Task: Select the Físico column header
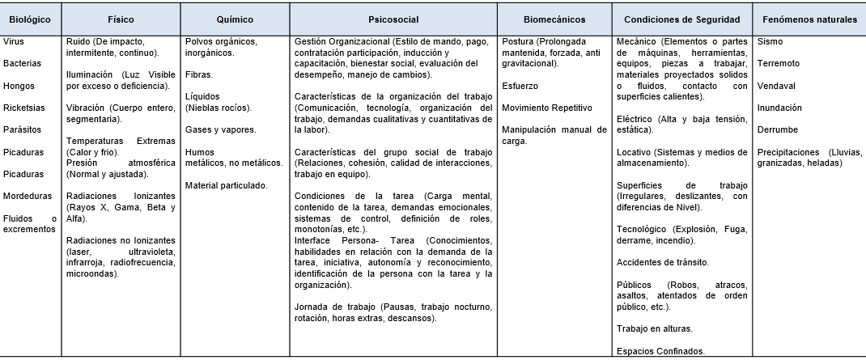[120, 19]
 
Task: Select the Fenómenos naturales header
[809, 19]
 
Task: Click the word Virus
[13, 40]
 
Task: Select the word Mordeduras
[27, 196]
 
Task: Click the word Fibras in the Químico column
[199, 74]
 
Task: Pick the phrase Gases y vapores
[220, 129]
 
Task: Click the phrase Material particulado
[227, 185]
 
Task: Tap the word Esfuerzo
[520, 85]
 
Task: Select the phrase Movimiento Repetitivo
[547, 107]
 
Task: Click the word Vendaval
[775, 85]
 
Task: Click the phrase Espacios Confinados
[660, 350]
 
